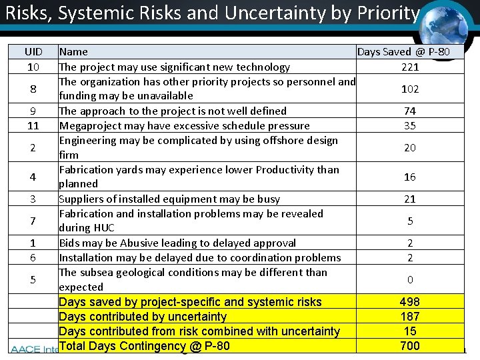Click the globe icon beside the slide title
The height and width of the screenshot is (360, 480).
coord(448,24)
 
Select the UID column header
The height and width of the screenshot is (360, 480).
coord(33,51)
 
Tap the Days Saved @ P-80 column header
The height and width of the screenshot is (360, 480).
coord(403,51)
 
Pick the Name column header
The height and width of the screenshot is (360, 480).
coord(73,51)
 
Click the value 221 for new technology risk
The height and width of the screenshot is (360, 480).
coord(410,67)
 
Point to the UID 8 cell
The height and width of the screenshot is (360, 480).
coord(33,89)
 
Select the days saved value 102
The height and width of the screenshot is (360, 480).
coord(410,89)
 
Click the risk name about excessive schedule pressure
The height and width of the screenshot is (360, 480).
coord(184,125)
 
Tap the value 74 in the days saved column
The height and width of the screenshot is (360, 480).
coord(410,111)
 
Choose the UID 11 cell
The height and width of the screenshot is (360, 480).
coord(33,125)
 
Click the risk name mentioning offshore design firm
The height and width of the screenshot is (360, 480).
coord(198,147)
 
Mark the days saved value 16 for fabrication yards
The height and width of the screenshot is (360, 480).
coord(410,177)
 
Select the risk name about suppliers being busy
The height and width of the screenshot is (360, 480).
coord(169,199)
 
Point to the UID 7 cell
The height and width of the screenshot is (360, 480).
coord(33,221)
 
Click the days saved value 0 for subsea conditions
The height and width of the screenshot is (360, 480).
coord(410,279)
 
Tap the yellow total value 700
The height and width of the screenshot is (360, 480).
coord(410,345)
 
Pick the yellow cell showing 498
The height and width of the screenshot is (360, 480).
coord(410,302)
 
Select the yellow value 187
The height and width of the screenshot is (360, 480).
coord(410,317)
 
